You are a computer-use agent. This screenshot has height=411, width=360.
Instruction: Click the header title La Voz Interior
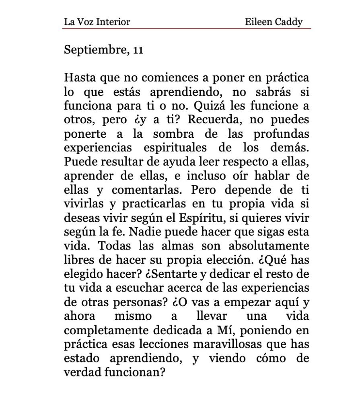pyautogui.click(x=97, y=22)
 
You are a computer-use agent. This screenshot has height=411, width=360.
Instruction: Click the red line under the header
pyautogui.click(x=187, y=29)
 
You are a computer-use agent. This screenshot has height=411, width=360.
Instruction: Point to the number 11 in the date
pyautogui.click(x=137, y=51)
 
